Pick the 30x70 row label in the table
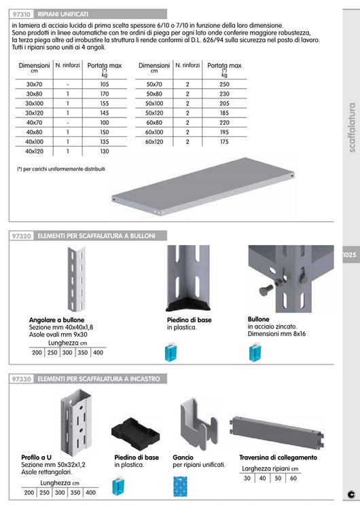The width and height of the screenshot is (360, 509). point(35,83)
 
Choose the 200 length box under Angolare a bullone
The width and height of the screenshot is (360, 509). point(37,352)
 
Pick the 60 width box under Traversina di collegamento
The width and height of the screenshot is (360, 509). point(293,478)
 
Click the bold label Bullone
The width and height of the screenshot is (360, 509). point(259,319)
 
